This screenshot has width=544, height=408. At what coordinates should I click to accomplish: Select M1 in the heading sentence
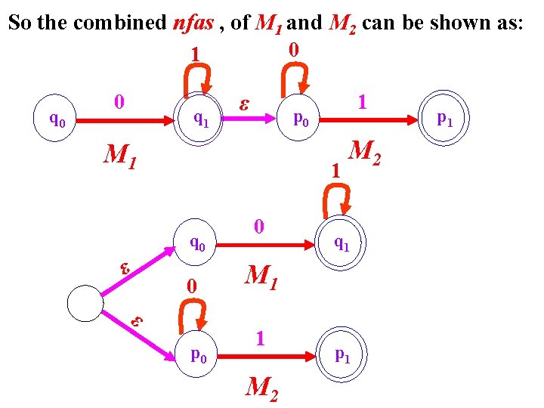[269, 23]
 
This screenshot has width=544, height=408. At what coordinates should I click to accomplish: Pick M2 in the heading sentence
[344, 23]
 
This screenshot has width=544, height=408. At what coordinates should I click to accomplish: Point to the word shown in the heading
[460, 23]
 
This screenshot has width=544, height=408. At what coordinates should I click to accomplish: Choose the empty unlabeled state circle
[85, 304]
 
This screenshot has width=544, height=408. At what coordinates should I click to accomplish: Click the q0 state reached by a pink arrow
[199, 243]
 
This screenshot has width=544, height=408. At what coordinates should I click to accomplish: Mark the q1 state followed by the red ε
[202, 118]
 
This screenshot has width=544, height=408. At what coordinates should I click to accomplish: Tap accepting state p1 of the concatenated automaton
[446, 119]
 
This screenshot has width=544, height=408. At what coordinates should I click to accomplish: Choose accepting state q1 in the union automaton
[342, 244]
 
